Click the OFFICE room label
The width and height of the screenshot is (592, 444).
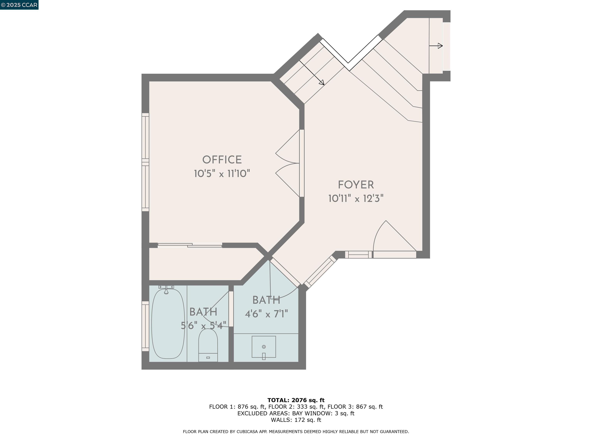[222, 160]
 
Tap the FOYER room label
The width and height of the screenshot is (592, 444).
[356, 185]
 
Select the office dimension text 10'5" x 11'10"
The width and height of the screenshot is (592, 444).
[222, 173]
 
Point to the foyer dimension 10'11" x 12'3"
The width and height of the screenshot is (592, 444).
[356, 198]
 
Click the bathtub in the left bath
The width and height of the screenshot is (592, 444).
[168, 324]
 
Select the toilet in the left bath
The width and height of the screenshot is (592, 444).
[208, 345]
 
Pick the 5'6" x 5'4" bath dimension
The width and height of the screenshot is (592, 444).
[203, 326]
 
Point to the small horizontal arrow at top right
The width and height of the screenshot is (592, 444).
[436, 46]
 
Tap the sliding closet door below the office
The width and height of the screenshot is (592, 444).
[190, 245]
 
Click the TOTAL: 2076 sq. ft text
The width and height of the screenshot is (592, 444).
[296, 400]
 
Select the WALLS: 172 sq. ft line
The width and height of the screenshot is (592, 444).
[296, 420]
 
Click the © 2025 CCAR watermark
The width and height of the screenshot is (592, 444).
[19, 5]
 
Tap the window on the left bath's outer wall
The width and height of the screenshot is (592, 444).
[145, 326]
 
